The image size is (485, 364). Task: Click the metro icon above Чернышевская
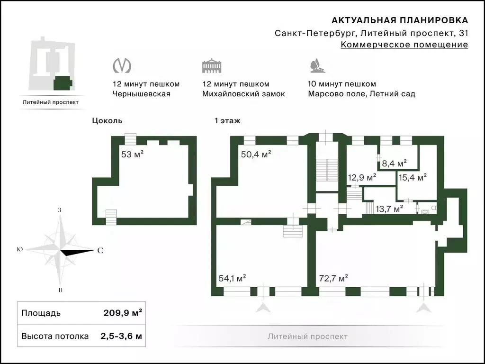pyautogui.click(x=122, y=65)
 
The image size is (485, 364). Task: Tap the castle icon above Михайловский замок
pyautogui.click(x=212, y=65)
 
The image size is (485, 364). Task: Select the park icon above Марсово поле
pyautogui.click(x=317, y=65)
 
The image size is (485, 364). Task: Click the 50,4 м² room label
pyautogui.click(x=256, y=154)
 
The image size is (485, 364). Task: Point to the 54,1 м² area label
pyautogui.click(x=232, y=278)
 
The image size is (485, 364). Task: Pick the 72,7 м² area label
pyautogui.click(x=333, y=278)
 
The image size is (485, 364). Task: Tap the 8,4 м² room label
pyautogui.click(x=394, y=163)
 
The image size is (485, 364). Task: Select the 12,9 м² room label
pyautogui.click(x=362, y=177)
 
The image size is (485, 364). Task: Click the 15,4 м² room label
pyautogui.click(x=413, y=177)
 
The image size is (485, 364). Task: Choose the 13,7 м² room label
pyautogui.click(x=389, y=209)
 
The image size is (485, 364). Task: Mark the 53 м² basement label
pyautogui.click(x=133, y=154)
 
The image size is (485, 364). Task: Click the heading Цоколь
pyautogui.click(x=107, y=121)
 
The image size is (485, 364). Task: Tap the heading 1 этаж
pyautogui.click(x=227, y=121)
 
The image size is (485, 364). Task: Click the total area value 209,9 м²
pyautogui.click(x=123, y=313)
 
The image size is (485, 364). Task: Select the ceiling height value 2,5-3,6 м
pyautogui.click(x=121, y=336)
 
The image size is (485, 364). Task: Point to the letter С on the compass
pyautogui.click(x=100, y=250)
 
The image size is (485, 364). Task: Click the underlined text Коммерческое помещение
pyautogui.click(x=404, y=45)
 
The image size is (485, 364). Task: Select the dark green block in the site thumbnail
pyautogui.click(x=63, y=82)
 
